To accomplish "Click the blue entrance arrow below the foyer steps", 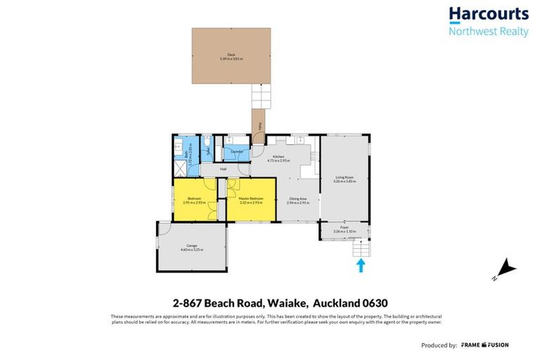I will [x=361, y=264].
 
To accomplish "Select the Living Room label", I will [x=344, y=179].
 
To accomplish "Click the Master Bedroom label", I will [x=251, y=200].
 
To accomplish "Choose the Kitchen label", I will [x=278, y=158].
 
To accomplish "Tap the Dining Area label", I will [x=297, y=200].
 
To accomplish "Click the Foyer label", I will [x=344, y=229].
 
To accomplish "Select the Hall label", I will [x=223, y=169].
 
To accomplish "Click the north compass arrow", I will [x=506, y=269].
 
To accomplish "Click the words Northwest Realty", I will [x=488, y=32].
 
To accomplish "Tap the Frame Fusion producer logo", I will [x=484, y=345].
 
